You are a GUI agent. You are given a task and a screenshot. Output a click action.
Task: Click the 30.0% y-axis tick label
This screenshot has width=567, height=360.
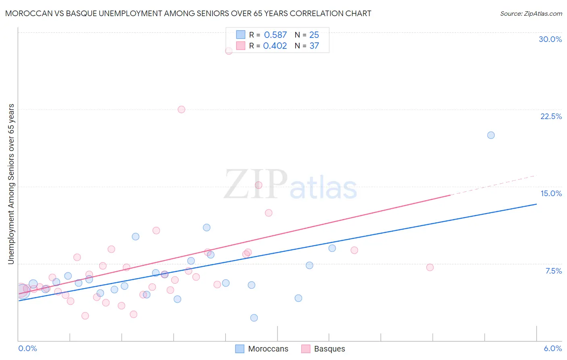click(x=550, y=39)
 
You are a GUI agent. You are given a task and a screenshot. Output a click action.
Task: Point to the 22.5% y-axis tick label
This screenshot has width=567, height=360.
click(x=551, y=116)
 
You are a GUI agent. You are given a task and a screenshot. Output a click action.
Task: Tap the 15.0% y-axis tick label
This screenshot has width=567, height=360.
click(x=551, y=193)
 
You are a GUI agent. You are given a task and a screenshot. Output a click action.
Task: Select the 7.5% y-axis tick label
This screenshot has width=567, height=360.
click(x=553, y=271)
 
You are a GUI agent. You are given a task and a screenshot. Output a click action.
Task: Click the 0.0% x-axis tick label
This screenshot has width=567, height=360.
click(x=28, y=348)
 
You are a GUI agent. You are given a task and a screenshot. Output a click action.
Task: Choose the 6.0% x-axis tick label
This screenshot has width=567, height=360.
click(x=552, y=348)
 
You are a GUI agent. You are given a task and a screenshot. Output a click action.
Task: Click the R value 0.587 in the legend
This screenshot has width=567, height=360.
click(x=275, y=35)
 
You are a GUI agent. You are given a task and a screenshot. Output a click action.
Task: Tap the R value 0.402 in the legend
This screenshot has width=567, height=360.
click(x=275, y=46)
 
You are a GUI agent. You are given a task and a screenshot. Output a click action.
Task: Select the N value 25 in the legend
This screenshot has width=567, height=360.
click(x=314, y=35)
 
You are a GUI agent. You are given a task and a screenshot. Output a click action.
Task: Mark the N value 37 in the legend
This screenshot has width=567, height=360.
click(x=314, y=46)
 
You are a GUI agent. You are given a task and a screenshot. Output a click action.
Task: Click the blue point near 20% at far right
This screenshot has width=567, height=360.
click(x=491, y=135)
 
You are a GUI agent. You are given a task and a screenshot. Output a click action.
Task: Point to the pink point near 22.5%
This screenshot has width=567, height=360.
click(x=181, y=109)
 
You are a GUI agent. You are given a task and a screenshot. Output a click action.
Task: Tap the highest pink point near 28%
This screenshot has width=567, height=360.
click(x=229, y=51)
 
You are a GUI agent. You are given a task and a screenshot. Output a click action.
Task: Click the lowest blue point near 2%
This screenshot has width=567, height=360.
click(x=254, y=318)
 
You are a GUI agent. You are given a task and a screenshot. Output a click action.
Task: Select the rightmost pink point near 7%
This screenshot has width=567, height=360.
click(x=430, y=267)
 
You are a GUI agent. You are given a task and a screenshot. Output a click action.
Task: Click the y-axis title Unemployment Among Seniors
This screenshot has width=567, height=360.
click(x=11, y=184)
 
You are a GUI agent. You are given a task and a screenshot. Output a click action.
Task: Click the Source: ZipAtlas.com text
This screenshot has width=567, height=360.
click(x=531, y=14)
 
